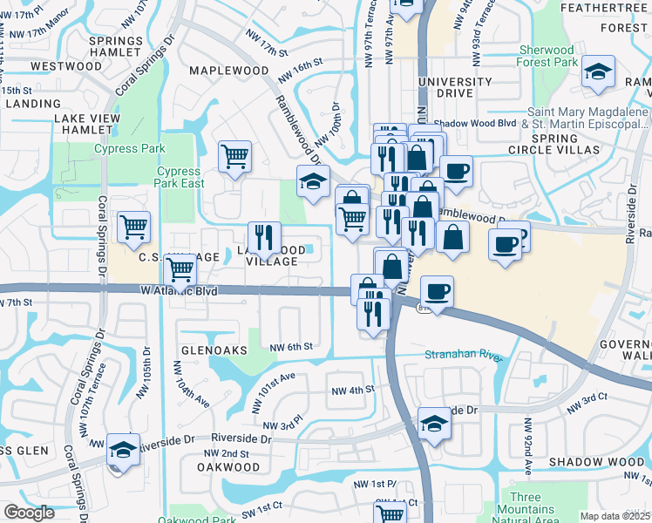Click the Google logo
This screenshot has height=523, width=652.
pos(30,513)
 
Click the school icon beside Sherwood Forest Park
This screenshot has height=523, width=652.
pos(598,73)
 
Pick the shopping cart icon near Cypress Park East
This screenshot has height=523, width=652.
pos(234,157)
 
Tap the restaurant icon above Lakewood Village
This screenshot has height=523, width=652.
pos(263,237)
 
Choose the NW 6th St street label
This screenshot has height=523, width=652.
pos(291,346)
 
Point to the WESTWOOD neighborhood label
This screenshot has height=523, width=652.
pos(66,65)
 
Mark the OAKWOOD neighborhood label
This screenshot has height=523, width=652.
pos(229,467)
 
